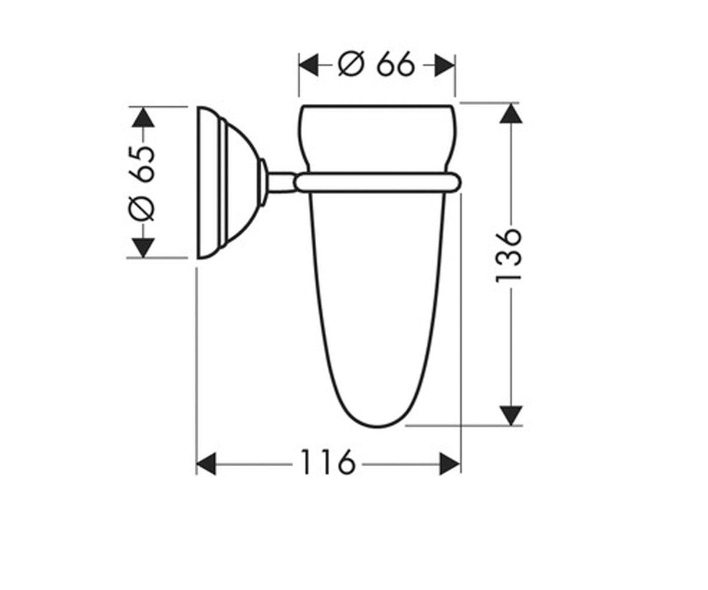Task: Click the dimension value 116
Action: click(328, 462)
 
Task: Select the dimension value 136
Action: click(507, 255)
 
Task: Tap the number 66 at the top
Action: click(395, 64)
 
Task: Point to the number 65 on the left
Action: click(142, 164)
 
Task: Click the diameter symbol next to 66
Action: click(351, 64)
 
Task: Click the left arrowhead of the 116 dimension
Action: click(206, 464)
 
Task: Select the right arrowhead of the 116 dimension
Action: click(450, 464)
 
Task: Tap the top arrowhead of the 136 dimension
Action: click(512, 114)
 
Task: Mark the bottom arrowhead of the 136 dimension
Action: click(512, 416)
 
